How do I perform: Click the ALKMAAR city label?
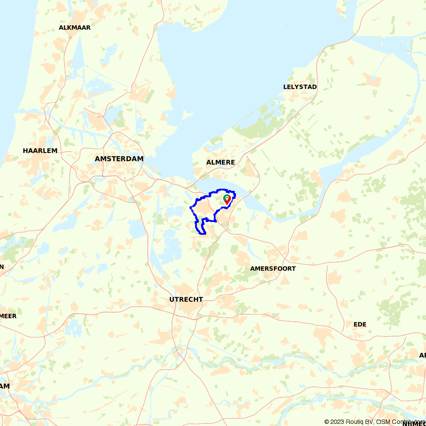75,28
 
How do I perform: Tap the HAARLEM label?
40,151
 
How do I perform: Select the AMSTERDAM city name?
119,158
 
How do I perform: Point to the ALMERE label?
221,162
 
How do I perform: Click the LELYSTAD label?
300,87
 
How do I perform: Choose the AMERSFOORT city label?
273,269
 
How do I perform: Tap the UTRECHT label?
186,299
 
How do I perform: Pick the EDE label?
360,324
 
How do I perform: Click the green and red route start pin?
227,199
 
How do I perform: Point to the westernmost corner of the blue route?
190,208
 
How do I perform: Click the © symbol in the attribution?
327,422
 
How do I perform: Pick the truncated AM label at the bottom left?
5,386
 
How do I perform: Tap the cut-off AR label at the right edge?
422,355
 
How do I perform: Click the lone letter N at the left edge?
2,267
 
